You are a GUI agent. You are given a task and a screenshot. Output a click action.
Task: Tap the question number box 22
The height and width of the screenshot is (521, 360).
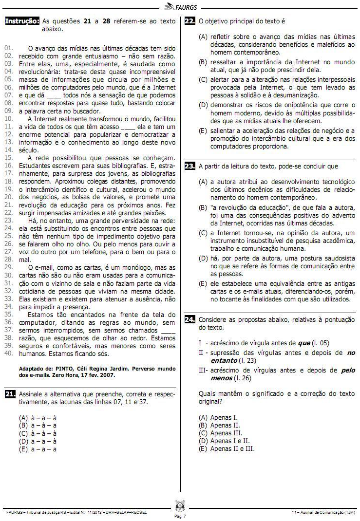(190, 21)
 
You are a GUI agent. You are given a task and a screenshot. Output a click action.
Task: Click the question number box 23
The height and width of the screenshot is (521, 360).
(190, 166)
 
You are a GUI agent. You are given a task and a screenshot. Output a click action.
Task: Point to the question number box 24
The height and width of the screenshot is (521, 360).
(190, 319)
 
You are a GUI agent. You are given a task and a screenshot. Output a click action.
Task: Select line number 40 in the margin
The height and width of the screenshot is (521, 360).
(8, 354)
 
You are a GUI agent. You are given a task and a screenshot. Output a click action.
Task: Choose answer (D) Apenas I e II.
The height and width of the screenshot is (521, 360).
(227, 441)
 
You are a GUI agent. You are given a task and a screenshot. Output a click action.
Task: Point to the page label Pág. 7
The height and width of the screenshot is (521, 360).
(179, 516)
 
